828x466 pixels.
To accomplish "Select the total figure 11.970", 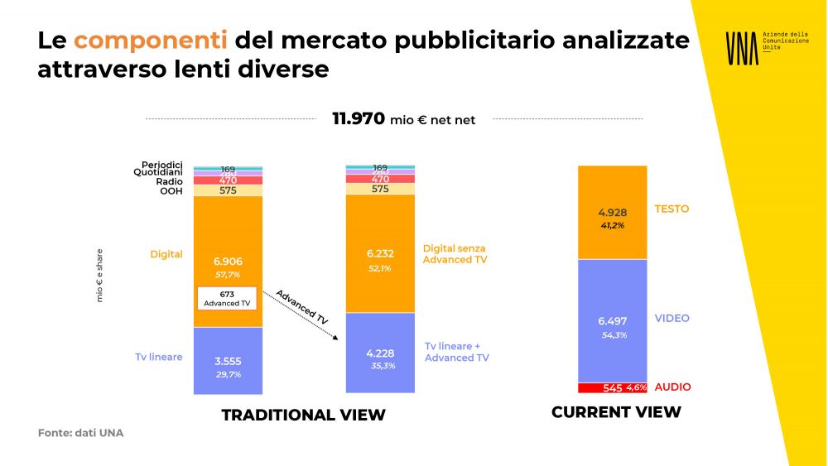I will pyautogui.click(x=359, y=119).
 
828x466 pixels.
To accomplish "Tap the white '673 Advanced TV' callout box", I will pyautogui.click(x=227, y=298).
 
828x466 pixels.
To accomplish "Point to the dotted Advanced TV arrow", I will pyautogui.click(x=307, y=315).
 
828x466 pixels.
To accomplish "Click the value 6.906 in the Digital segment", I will pyautogui.click(x=227, y=262).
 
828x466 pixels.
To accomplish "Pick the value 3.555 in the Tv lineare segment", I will pyautogui.click(x=227, y=361).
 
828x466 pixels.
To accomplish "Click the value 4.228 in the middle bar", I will pyautogui.click(x=379, y=353).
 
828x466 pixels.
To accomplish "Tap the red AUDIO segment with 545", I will pyautogui.click(x=612, y=387).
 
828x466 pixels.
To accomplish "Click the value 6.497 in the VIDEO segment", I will pyautogui.click(x=614, y=319).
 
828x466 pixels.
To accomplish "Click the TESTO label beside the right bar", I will pyautogui.click(x=672, y=209).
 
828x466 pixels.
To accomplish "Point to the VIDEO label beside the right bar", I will pyautogui.click(x=672, y=319).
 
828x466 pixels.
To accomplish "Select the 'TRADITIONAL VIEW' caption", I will pyautogui.click(x=303, y=415).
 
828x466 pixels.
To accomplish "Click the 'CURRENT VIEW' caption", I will pyautogui.click(x=616, y=412).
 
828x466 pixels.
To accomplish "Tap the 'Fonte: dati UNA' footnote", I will pyautogui.click(x=80, y=433).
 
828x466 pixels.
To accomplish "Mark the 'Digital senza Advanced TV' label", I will pyautogui.click(x=455, y=253).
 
